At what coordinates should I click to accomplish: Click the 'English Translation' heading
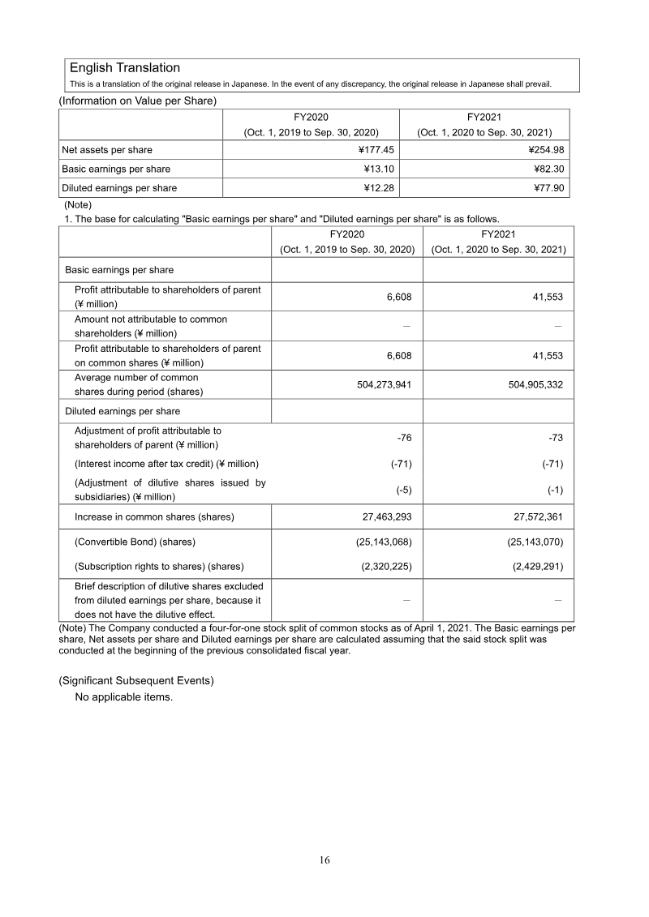coord(125,68)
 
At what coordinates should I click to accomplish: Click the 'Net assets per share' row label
coord(107,150)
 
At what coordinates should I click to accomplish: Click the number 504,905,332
coord(528,384)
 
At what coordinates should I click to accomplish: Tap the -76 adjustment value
coord(404,438)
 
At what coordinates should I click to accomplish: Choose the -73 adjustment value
coord(556,438)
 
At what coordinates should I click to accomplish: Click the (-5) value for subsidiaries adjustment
coord(404,491)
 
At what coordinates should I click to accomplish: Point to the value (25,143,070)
coord(526,542)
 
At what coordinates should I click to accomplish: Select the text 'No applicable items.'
coord(123,696)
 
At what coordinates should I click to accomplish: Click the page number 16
coord(324,860)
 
